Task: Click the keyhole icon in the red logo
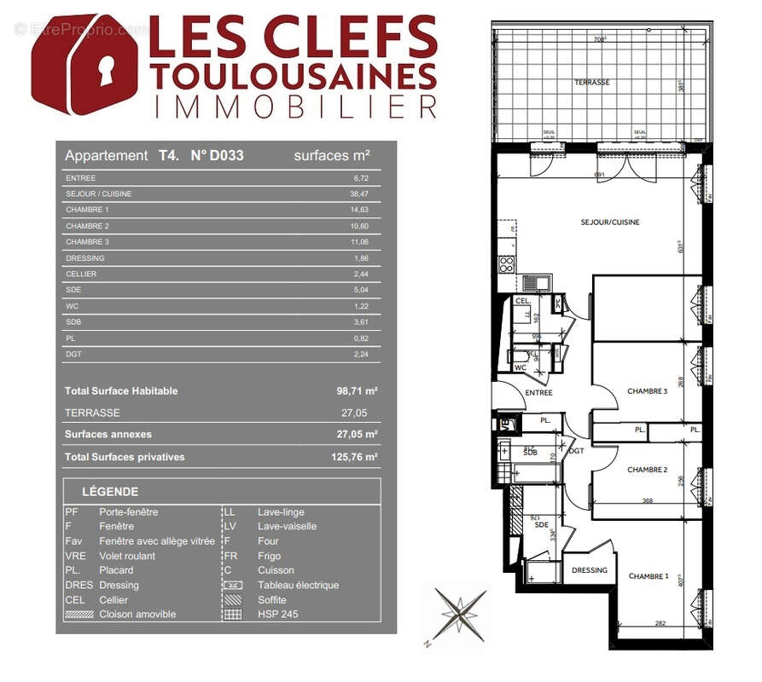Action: point(82,66)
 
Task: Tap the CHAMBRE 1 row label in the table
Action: point(87,210)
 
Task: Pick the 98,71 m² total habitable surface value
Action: point(357,391)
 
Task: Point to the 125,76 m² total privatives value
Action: point(357,457)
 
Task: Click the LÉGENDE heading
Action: point(110,492)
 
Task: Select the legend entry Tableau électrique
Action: point(298,585)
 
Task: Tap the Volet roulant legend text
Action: point(128,556)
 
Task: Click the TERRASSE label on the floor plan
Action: point(592,83)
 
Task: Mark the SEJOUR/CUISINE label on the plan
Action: point(610,223)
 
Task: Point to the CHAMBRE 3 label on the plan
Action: point(647,391)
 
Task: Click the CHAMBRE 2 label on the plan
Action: point(647,470)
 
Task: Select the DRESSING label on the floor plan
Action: point(590,570)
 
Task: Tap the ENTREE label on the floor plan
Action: point(539,393)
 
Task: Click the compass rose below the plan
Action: point(460,614)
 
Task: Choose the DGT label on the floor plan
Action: point(577,451)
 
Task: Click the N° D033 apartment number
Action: point(217,156)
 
